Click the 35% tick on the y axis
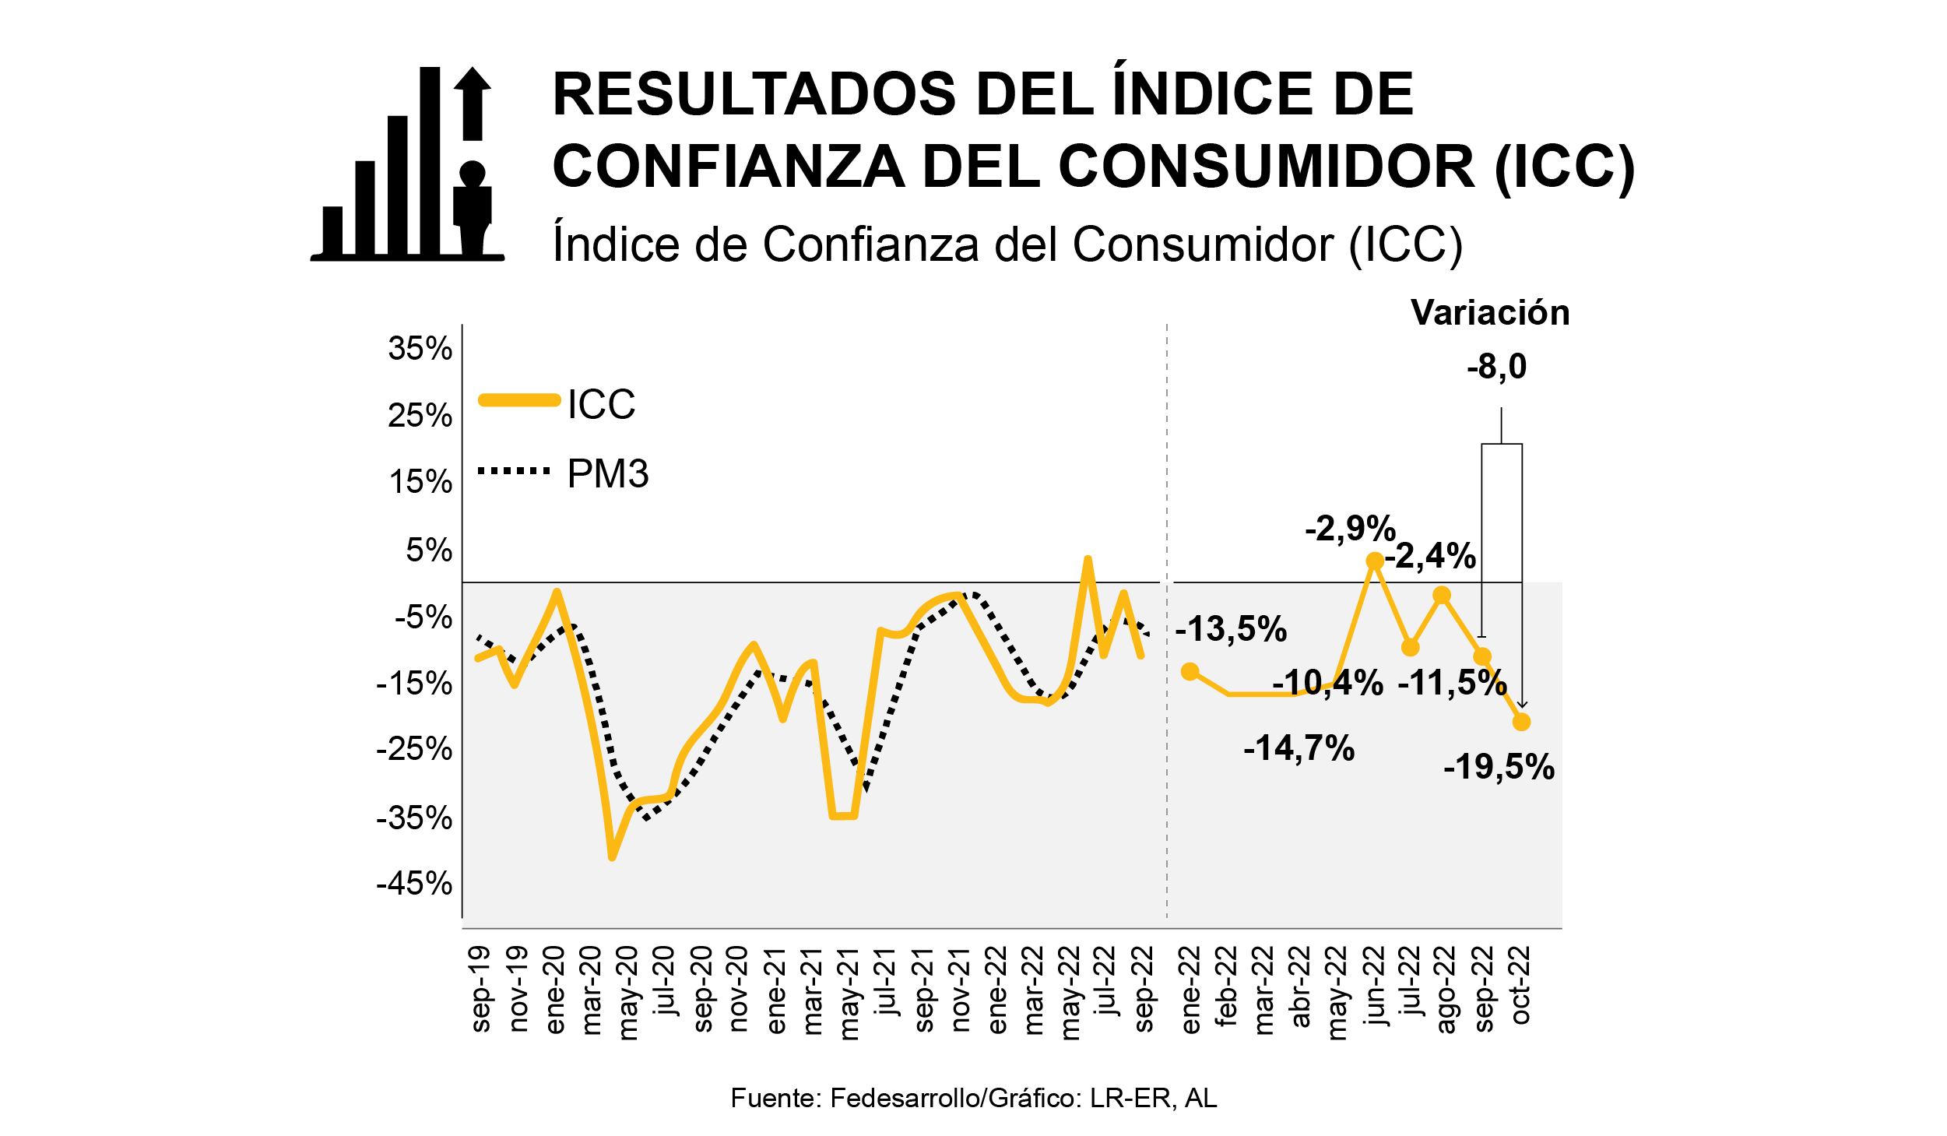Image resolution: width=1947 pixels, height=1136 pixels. [420, 349]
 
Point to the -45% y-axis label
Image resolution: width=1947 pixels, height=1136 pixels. [414, 884]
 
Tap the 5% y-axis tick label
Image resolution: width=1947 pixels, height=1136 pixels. [428, 550]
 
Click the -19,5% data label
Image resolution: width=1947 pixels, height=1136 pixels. [1499, 767]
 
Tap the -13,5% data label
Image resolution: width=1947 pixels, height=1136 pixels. [1231, 628]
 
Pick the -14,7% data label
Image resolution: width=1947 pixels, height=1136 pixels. [1299, 748]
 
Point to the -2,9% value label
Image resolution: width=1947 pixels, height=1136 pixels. [1350, 529]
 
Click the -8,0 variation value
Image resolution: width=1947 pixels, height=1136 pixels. [1496, 367]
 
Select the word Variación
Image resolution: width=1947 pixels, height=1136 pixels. [1490, 313]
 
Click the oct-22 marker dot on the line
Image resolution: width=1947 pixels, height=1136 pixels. [1521, 722]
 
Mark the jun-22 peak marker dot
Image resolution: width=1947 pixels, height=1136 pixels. [1375, 561]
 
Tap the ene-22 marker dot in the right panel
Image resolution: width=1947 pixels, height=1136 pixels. [1190, 671]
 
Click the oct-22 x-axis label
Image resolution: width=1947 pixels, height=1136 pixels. [1520, 985]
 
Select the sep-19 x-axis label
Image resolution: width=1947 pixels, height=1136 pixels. [480, 989]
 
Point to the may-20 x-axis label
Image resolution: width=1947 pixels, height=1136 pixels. [627, 993]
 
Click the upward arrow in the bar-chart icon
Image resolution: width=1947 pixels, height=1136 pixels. [472, 103]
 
